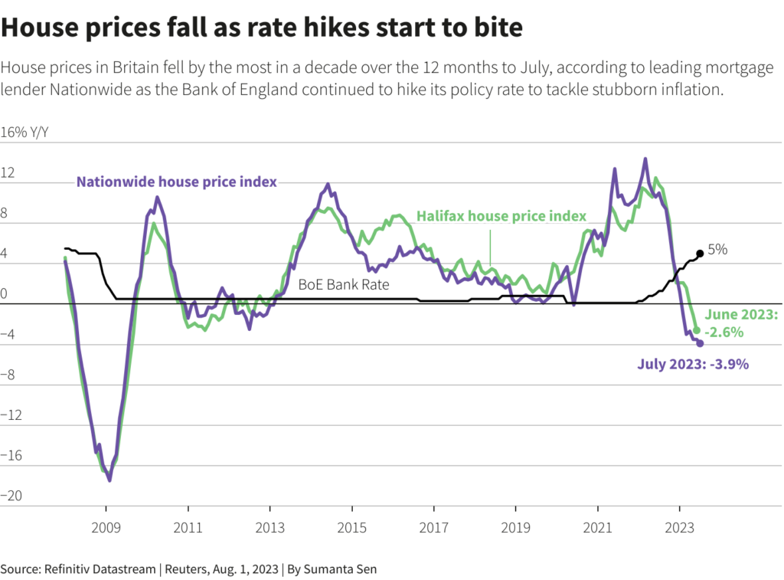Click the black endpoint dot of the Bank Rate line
coord(700,254)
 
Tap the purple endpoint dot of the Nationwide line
coord(700,343)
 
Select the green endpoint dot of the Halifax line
coord(696,330)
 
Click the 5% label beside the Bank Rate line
coord(717,250)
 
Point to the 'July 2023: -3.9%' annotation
coord(693,364)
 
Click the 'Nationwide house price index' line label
coord(176,182)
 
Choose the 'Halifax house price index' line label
coord(501,216)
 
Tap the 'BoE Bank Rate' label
coord(344,284)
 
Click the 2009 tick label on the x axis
coord(106,528)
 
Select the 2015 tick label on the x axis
coord(351,528)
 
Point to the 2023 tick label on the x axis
coord(679,528)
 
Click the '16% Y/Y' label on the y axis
coord(24,132)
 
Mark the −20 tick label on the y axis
coord(12,496)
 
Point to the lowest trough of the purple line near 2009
coord(109,480)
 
